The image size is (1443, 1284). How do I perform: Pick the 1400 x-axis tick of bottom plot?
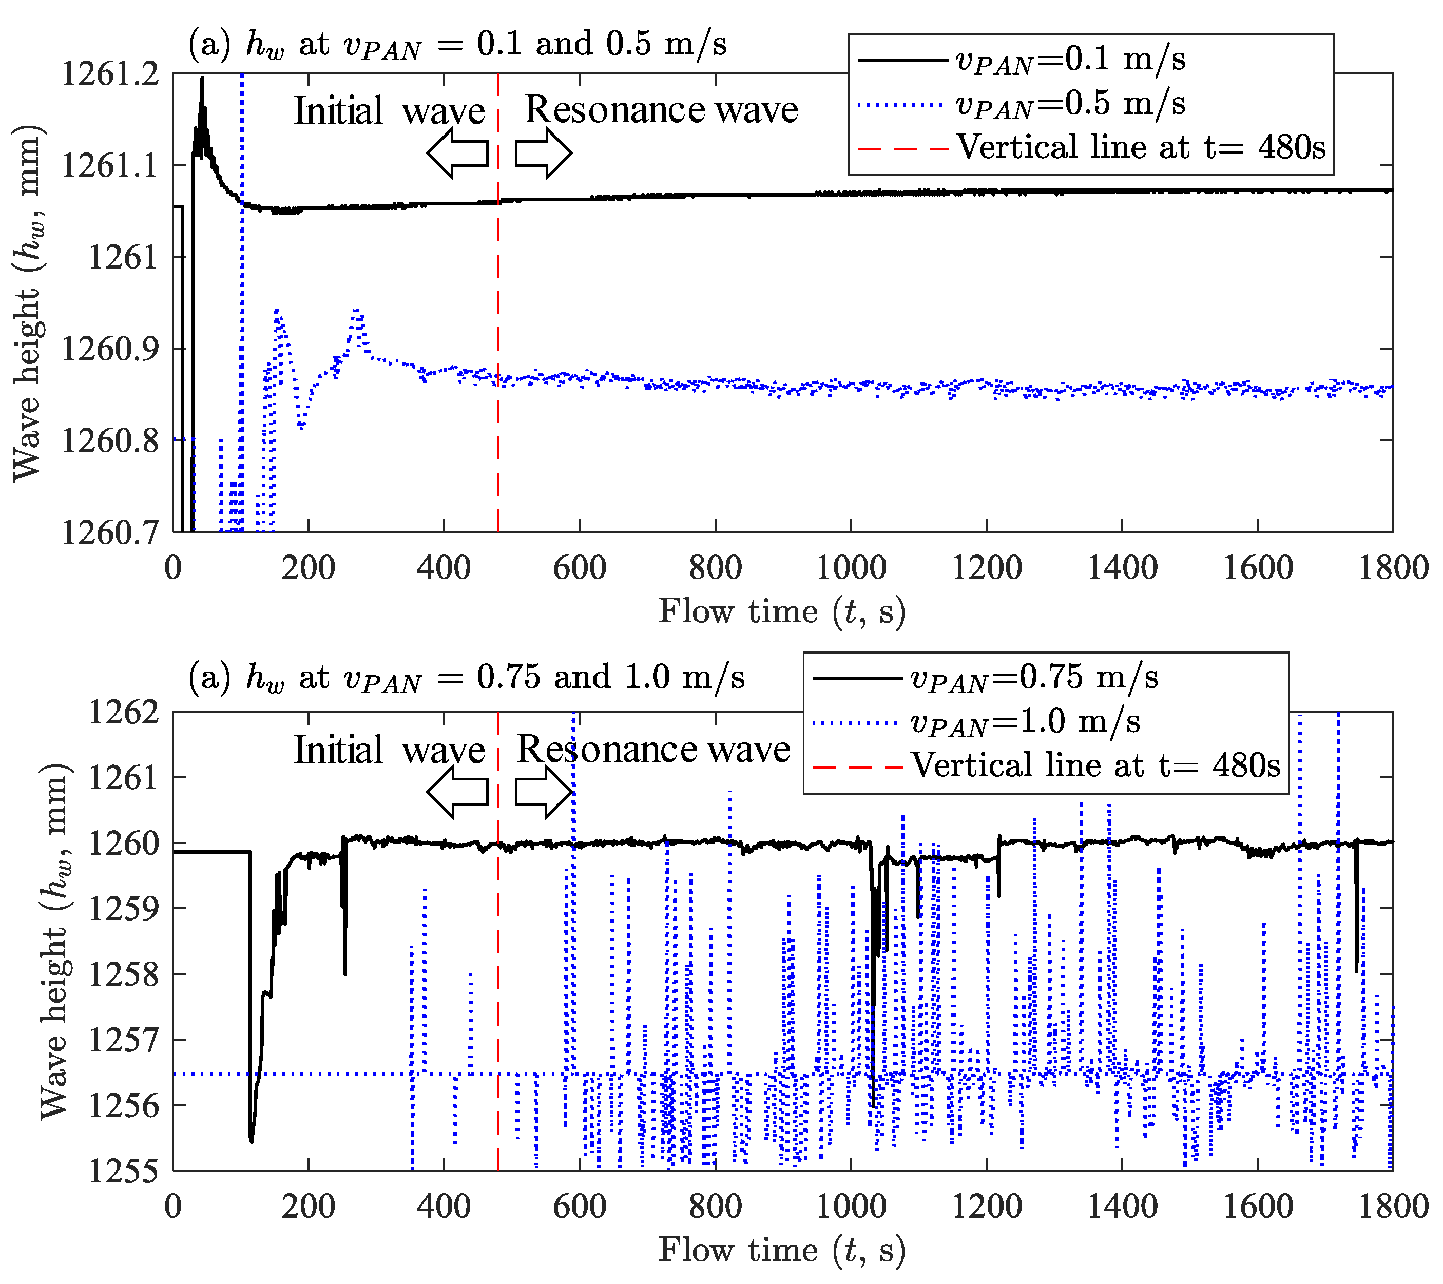(x=1122, y=1206)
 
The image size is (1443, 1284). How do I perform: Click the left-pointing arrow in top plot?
(x=457, y=152)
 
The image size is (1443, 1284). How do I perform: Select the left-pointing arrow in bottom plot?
(x=457, y=792)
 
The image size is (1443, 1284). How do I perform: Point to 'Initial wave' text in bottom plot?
(x=389, y=750)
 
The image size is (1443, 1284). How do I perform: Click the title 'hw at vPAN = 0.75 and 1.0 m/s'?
(x=466, y=678)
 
